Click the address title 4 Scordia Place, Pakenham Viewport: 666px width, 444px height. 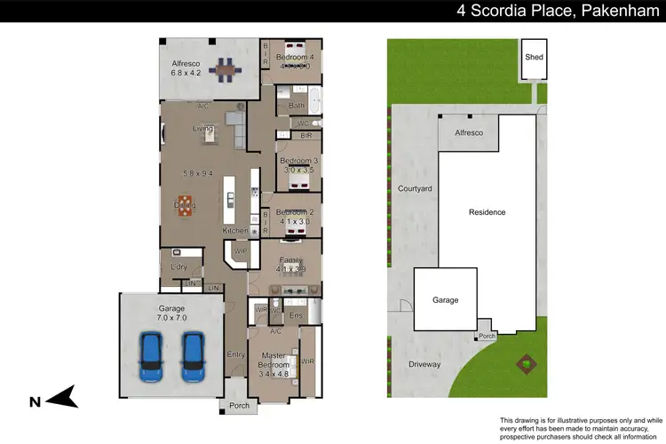click(556, 11)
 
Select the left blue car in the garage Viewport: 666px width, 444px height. click(151, 357)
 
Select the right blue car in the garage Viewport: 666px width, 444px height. click(193, 357)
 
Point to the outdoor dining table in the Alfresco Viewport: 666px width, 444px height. click(227, 67)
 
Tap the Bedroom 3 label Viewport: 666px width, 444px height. click(299, 164)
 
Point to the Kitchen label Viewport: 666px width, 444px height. click(234, 230)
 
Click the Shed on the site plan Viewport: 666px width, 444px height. click(535, 57)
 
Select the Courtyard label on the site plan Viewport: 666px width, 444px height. click(415, 188)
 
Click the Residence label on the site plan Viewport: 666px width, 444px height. click(488, 212)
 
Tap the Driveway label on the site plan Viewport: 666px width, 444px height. click(424, 364)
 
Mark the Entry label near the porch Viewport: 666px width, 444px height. click(236, 354)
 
